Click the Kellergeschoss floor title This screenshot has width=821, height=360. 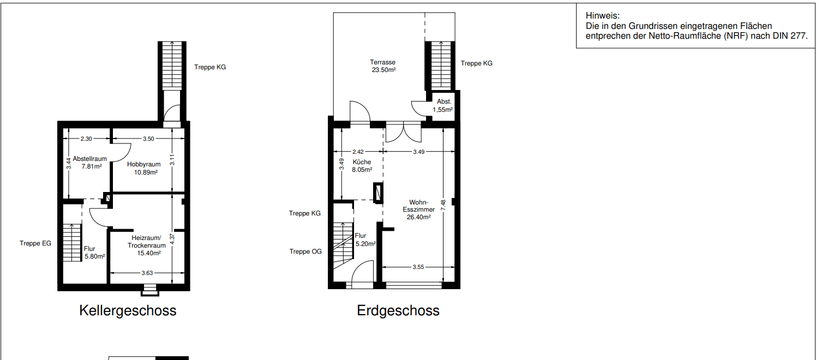click(128, 311)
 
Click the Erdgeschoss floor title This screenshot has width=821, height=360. click(398, 311)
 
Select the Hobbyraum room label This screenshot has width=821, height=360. click(143, 164)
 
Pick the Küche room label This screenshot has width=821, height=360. click(362, 162)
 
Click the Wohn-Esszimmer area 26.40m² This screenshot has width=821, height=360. click(418, 217)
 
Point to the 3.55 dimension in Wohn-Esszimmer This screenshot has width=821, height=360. click(418, 267)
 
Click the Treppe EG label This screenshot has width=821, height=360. click(35, 243)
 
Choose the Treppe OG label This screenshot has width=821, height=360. click(305, 251)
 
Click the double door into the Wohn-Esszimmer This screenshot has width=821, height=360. click(403, 133)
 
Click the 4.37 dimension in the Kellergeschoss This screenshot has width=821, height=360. click(172, 241)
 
